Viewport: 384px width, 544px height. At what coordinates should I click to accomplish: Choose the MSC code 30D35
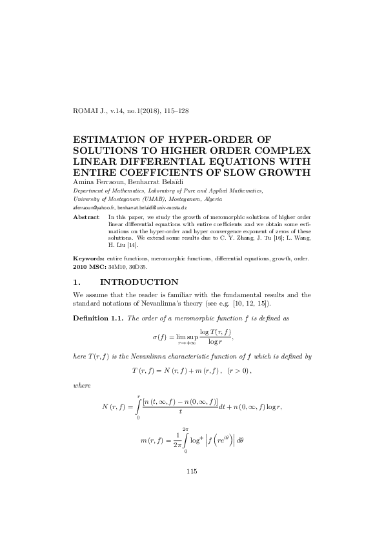[x=137, y=265]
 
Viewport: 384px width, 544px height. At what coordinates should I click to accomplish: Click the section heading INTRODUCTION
[x=139, y=282]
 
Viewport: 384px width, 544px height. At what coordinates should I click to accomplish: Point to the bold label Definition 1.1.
[x=94, y=318]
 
